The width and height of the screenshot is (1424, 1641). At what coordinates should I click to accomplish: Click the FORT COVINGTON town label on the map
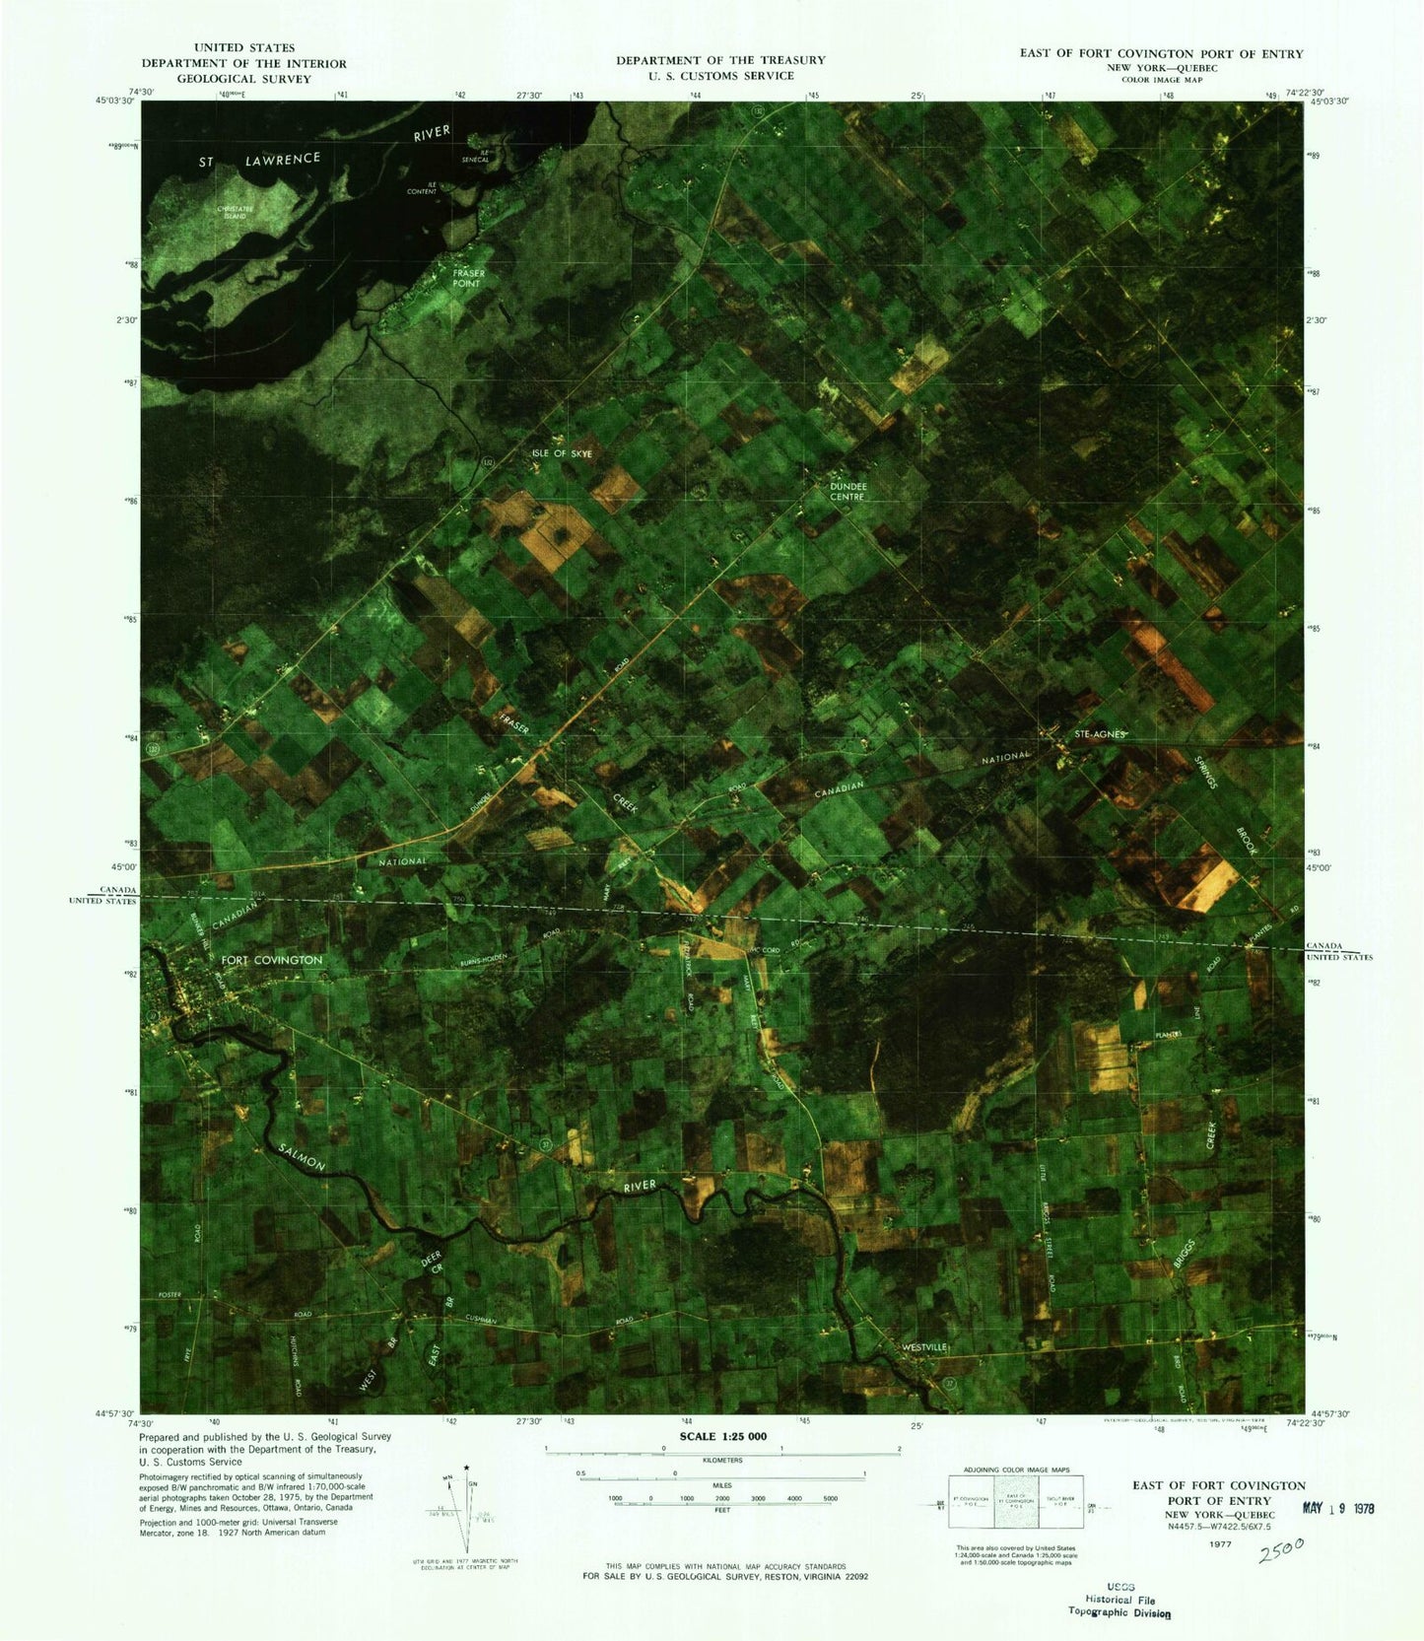click(271, 960)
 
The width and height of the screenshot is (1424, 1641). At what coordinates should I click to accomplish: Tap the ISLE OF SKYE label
click(562, 453)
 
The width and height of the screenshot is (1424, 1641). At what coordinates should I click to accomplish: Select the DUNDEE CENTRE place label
click(848, 491)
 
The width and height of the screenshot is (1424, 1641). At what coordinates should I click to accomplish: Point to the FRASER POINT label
click(467, 278)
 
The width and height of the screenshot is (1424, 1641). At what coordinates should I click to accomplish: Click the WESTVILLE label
click(923, 1346)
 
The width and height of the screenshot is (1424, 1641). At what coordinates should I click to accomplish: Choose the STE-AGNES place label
click(1099, 734)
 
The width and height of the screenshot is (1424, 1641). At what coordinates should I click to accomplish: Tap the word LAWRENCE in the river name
click(283, 159)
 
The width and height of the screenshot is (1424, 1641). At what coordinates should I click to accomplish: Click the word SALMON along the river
click(302, 1156)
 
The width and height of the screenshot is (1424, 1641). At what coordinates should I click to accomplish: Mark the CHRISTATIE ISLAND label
click(236, 212)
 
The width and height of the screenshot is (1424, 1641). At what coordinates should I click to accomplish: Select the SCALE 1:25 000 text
click(722, 1436)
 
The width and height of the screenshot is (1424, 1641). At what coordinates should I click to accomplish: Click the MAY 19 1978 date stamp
click(1338, 1508)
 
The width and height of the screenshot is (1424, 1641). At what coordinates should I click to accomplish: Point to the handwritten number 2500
click(1281, 1550)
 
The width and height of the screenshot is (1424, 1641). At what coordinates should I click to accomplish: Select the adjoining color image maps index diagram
click(1015, 1501)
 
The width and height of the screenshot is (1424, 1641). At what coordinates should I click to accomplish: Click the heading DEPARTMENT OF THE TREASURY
click(720, 60)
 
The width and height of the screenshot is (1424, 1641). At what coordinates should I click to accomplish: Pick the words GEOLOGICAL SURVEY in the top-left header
click(243, 79)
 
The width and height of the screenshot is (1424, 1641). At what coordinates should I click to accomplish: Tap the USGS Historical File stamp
click(1119, 1600)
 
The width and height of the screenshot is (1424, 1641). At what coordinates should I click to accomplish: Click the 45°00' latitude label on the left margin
click(122, 866)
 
